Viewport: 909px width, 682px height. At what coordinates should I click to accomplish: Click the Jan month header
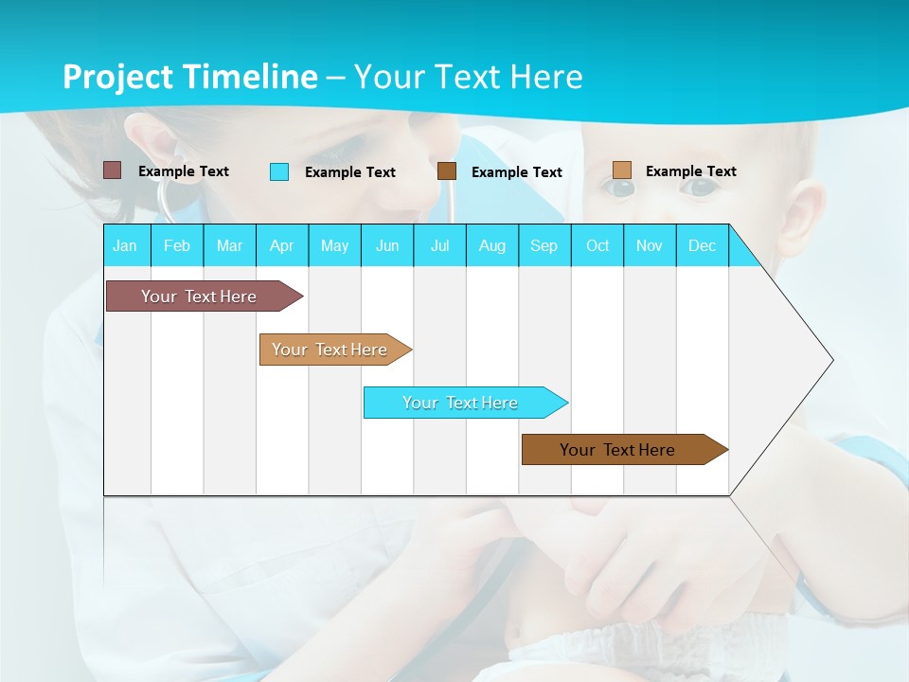(x=125, y=245)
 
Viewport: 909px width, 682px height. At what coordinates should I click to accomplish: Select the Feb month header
(x=177, y=245)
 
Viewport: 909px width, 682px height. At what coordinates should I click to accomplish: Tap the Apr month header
(x=282, y=245)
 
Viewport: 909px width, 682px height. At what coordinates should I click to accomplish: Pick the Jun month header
(x=387, y=245)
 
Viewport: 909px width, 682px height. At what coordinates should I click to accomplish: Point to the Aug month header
(x=492, y=245)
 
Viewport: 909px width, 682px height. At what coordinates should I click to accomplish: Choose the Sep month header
(x=544, y=245)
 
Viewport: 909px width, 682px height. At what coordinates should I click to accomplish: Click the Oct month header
(x=597, y=245)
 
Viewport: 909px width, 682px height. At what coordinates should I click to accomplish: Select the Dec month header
(x=703, y=245)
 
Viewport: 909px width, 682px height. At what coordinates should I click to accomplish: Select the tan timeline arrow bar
(x=331, y=350)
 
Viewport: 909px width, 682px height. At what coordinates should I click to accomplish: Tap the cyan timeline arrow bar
(x=462, y=403)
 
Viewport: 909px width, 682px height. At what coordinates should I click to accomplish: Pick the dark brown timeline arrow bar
(x=620, y=450)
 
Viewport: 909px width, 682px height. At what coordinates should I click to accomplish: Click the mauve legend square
(x=112, y=170)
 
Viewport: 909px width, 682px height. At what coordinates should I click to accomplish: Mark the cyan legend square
(x=279, y=171)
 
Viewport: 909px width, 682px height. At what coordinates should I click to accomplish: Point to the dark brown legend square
(x=447, y=171)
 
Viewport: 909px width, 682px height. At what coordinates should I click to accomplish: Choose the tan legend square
(x=621, y=170)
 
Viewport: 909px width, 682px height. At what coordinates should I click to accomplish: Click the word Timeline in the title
(x=250, y=77)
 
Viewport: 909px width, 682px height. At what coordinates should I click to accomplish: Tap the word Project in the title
(x=118, y=77)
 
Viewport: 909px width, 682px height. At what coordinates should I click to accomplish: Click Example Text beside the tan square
(x=690, y=171)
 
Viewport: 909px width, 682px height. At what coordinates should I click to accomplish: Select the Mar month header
(x=229, y=245)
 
